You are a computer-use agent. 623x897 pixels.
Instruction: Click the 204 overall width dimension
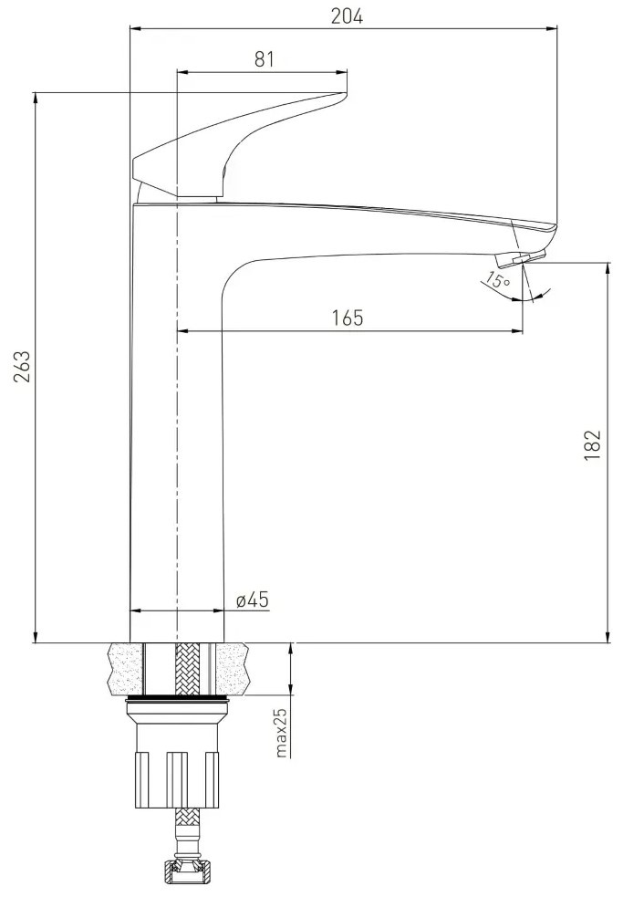click(347, 16)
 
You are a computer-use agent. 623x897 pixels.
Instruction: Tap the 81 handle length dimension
click(264, 59)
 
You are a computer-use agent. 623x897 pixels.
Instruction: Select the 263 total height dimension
click(21, 367)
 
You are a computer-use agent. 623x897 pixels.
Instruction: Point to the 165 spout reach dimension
click(348, 318)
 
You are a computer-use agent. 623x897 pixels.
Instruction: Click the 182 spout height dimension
click(593, 444)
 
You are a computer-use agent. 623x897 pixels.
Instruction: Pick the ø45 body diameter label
click(253, 600)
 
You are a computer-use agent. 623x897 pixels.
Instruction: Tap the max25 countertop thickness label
click(281, 732)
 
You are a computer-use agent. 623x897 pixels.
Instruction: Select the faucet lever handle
click(239, 145)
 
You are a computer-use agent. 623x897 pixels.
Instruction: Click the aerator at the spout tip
click(521, 258)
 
